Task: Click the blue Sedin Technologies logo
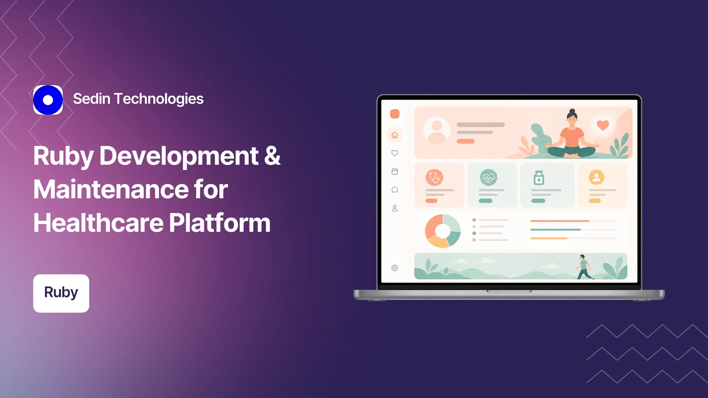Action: click(x=48, y=100)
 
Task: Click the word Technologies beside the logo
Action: click(x=159, y=99)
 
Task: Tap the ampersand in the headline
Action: click(x=272, y=156)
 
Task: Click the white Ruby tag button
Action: click(x=61, y=293)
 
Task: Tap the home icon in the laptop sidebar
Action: click(x=395, y=135)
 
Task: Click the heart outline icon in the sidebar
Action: click(x=395, y=153)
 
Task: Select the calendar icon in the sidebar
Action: click(x=395, y=171)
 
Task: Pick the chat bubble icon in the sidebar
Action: click(x=395, y=190)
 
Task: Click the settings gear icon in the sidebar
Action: click(x=395, y=268)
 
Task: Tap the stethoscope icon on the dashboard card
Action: click(x=434, y=178)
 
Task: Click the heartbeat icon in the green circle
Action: click(x=489, y=178)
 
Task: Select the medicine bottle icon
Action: click(x=539, y=178)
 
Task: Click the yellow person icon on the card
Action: click(x=596, y=177)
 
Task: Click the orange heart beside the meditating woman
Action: click(x=603, y=125)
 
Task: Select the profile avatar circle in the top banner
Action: click(x=437, y=130)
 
